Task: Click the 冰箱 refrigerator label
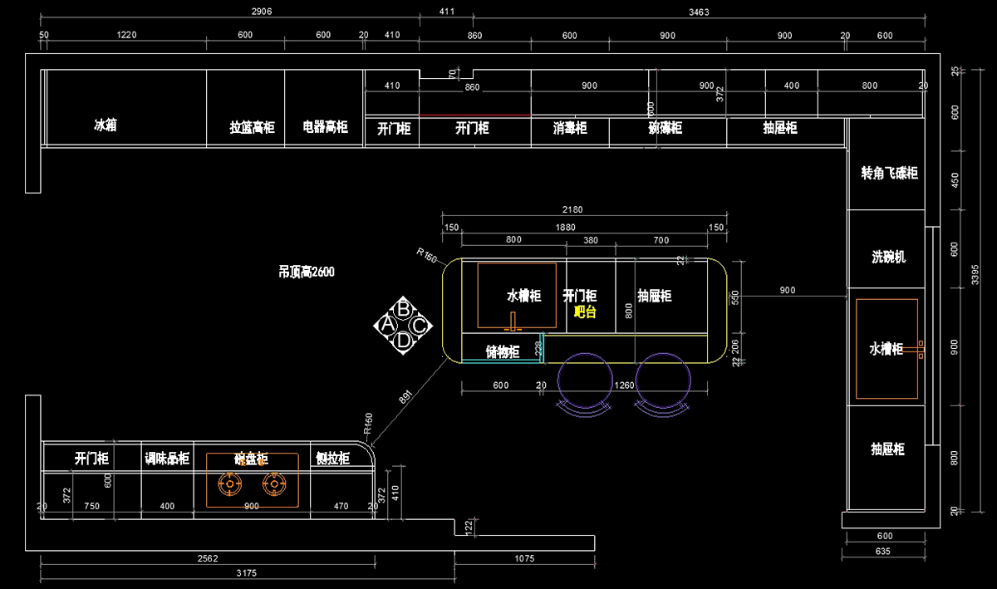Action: click(105, 125)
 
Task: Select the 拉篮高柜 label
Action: click(252, 128)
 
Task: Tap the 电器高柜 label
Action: click(325, 128)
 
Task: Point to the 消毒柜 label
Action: click(570, 128)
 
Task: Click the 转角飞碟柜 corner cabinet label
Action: click(889, 173)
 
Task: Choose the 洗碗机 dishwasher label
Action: click(889, 257)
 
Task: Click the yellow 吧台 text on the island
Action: click(586, 312)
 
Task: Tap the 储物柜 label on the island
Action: click(503, 351)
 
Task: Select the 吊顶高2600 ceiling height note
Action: click(307, 272)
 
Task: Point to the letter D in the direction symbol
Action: click(403, 340)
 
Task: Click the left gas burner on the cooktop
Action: click(228, 483)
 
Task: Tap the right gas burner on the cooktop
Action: click(273, 483)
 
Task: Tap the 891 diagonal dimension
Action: click(406, 397)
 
